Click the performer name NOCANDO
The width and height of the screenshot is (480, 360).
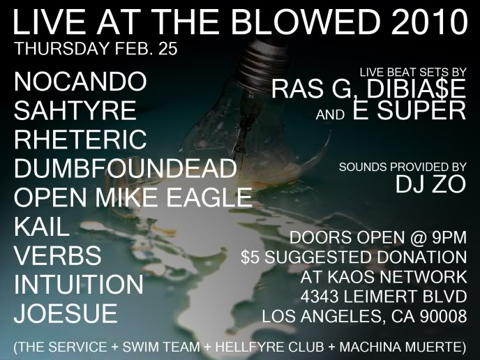pyautogui.click(x=81, y=82)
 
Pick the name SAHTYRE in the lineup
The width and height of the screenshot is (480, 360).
pyautogui.click(x=75, y=110)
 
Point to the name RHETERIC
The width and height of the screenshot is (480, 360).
pyautogui.click(x=81, y=140)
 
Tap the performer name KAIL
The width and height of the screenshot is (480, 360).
pyautogui.click(x=42, y=227)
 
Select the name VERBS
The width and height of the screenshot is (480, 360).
pyautogui.click(x=58, y=256)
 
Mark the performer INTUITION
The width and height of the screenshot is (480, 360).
pyautogui.click(x=78, y=285)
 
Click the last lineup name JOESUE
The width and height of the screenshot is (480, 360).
pyautogui.click(x=66, y=314)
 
